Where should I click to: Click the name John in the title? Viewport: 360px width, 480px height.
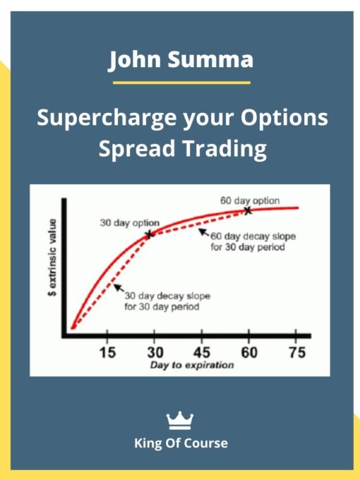(137, 61)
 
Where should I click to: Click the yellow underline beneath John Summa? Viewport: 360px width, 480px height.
(181, 83)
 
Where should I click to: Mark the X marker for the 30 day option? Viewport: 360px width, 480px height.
(149, 234)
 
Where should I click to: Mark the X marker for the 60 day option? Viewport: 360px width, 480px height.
(248, 210)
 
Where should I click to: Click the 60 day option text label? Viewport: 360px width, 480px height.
(249, 200)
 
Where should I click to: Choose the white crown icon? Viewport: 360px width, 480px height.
(180, 421)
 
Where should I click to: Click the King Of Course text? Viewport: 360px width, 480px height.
(181, 443)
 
